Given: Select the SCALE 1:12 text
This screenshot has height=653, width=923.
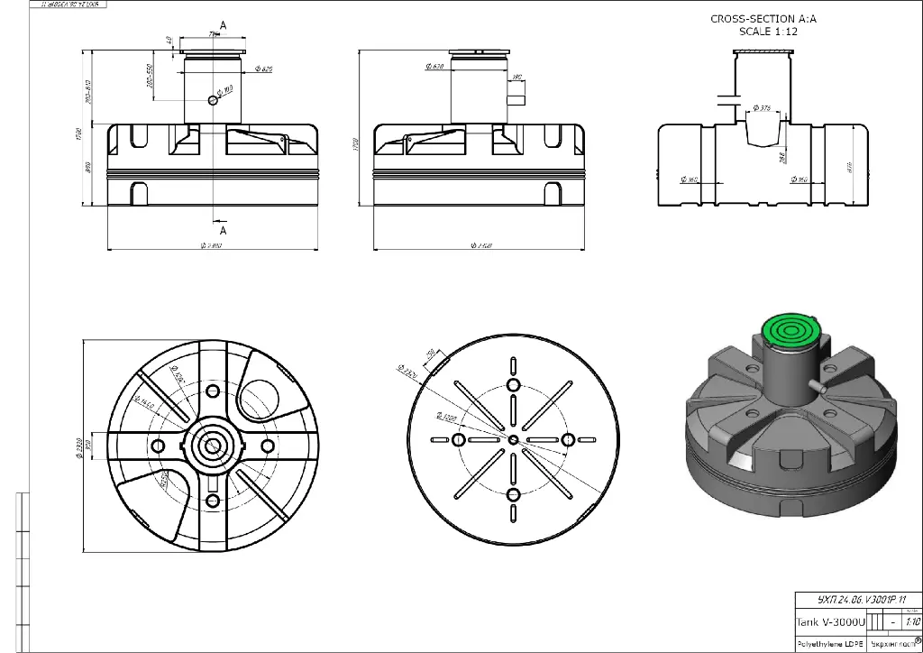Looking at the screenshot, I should click(x=767, y=31).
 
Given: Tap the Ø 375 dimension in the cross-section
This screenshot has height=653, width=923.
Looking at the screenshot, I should click(x=761, y=108).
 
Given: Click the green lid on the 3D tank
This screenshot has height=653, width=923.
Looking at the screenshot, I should click(x=788, y=331).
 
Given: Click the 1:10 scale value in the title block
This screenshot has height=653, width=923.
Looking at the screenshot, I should click(x=910, y=621).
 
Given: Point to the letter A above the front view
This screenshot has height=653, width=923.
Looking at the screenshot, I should click(x=223, y=23).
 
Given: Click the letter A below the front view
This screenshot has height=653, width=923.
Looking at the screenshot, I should click(x=223, y=230).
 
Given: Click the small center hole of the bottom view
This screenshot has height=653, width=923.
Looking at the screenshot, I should click(x=513, y=439).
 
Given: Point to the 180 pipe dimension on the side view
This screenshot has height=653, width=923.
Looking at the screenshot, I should click(x=517, y=78).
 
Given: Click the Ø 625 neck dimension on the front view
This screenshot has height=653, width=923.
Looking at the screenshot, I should click(x=264, y=69).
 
